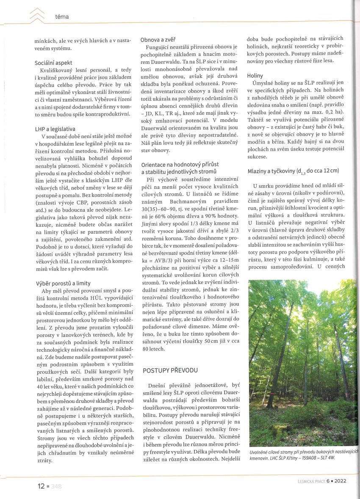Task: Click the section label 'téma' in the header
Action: pyautogui.click(x=62, y=17)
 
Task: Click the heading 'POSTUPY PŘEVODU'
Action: pyautogui.click(x=170, y=370)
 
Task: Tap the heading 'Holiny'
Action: pyautogui.click(x=255, y=75)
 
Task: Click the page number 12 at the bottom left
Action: pyautogui.click(x=41, y=486)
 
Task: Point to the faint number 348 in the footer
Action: pyautogui.click(x=56, y=487)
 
